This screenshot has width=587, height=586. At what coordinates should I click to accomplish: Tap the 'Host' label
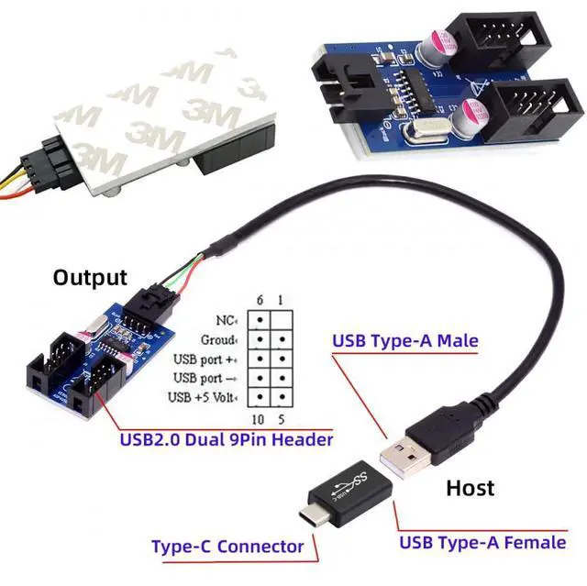pos(470,487)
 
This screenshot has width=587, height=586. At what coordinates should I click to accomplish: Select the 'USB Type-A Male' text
pos(404,342)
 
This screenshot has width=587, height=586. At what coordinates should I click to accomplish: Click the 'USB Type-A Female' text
pos(482,542)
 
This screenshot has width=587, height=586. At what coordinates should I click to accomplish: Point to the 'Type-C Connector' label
pos(227,547)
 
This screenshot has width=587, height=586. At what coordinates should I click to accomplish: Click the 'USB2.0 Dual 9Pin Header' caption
pos(227,440)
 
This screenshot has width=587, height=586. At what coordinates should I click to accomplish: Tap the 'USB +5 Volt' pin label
pos(203,397)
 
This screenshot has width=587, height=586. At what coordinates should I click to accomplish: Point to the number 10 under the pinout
pos(259,419)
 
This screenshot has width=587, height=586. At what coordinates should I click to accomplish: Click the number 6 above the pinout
pos(260,300)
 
